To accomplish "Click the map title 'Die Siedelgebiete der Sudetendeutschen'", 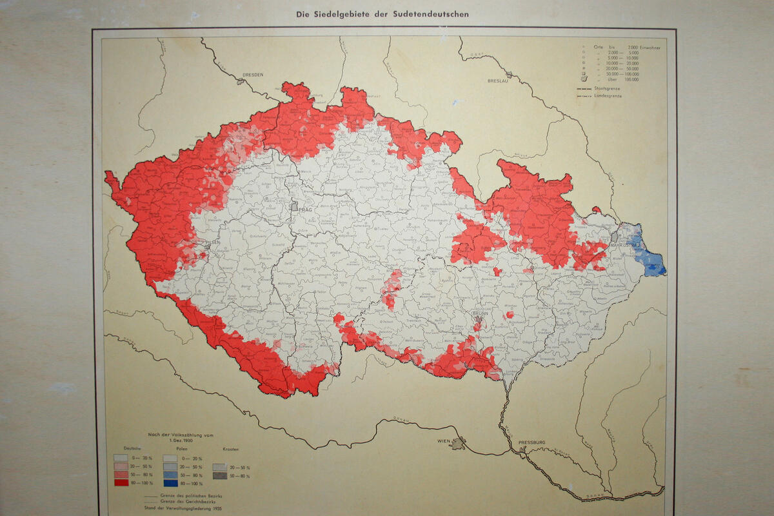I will [382, 14].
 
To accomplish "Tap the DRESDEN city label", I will [253, 75].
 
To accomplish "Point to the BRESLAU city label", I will [500, 82].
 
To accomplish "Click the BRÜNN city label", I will [478, 313].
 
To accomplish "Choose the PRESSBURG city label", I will [532, 442].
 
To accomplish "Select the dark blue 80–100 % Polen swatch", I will [170, 482].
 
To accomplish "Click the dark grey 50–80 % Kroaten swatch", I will [220, 476].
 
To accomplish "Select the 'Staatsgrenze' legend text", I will [610, 88].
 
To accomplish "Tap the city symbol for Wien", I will [458, 442].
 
